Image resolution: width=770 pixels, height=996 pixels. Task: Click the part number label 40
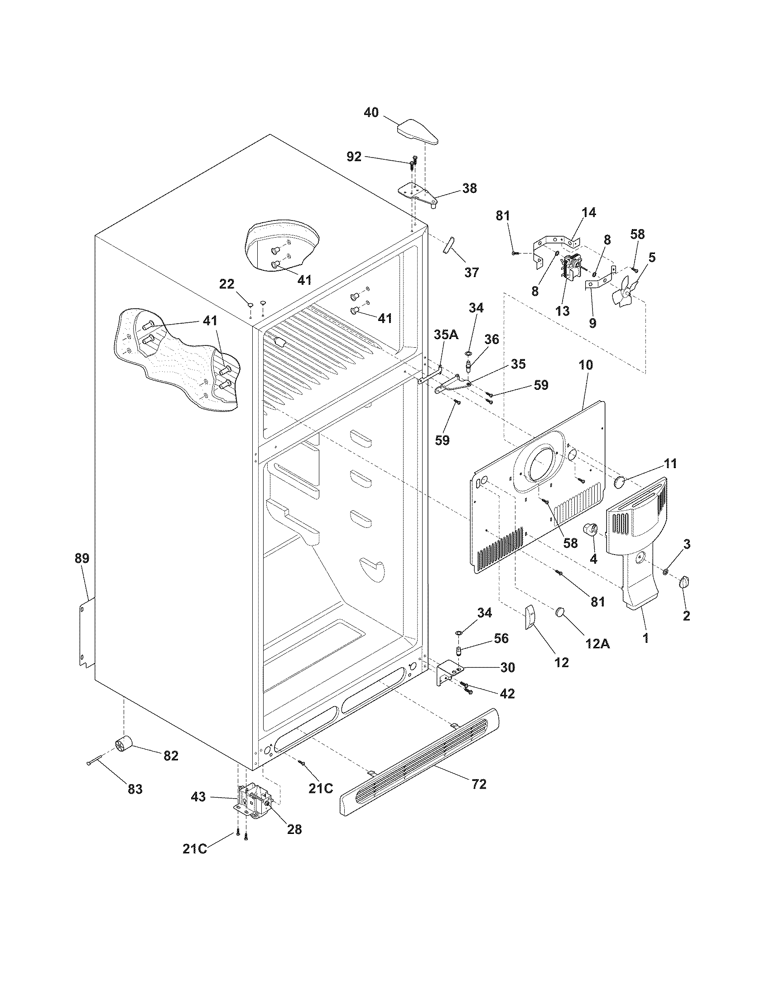tap(371, 112)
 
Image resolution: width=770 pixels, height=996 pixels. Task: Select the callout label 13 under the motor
tap(563, 311)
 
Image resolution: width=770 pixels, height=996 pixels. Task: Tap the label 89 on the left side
tap(82, 558)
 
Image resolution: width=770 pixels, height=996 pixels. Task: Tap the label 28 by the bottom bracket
tap(295, 828)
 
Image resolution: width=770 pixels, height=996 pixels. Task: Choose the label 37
tap(472, 272)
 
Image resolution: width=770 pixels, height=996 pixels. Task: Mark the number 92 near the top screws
tap(354, 157)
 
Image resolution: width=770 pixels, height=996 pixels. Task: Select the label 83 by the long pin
tap(135, 789)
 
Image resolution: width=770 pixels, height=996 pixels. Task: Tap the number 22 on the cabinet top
tap(227, 284)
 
